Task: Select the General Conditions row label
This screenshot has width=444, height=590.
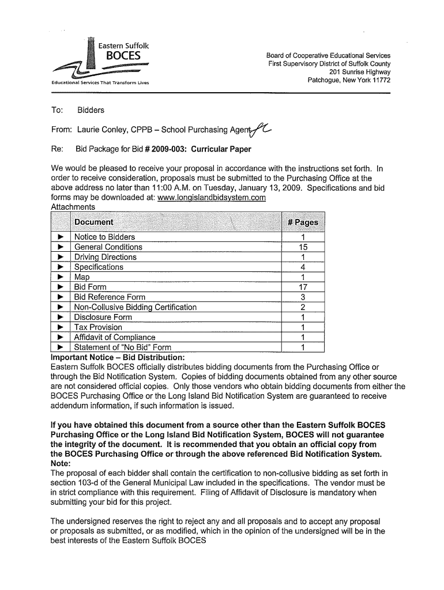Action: pyautogui.click(x=108, y=247)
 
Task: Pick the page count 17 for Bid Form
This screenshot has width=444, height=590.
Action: pyautogui.click(x=303, y=287)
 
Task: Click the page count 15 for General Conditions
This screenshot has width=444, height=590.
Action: pyautogui.click(x=303, y=247)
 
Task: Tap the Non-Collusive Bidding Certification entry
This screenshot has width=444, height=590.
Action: pyautogui.click(x=136, y=307)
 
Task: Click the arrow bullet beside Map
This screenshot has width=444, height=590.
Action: pyautogui.click(x=60, y=277)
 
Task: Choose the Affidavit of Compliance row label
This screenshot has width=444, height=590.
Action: pyautogui.click(x=115, y=337)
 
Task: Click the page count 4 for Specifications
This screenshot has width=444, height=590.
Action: pyautogui.click(x=303, y=267)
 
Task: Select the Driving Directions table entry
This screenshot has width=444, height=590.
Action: pyautogui.click(x=106, y=257)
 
